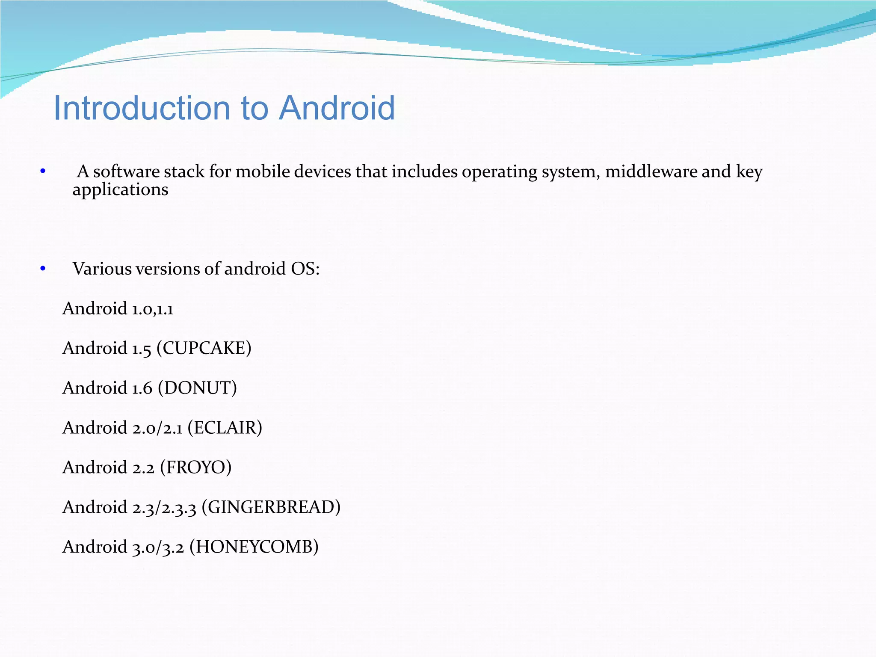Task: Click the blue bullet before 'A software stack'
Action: click(43, 172)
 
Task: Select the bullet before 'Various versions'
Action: click(43, 269)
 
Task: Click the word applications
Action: click(120, 190)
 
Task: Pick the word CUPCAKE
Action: click(204, 348)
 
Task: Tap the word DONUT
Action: click(197, 388)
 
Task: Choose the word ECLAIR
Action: click(225, 428)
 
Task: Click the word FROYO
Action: click(195, 468)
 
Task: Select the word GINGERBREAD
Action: click(271, 507)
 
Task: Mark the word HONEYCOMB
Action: click(254, 547)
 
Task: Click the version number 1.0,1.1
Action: click(153, 309)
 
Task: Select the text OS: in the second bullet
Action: click(305, 269)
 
